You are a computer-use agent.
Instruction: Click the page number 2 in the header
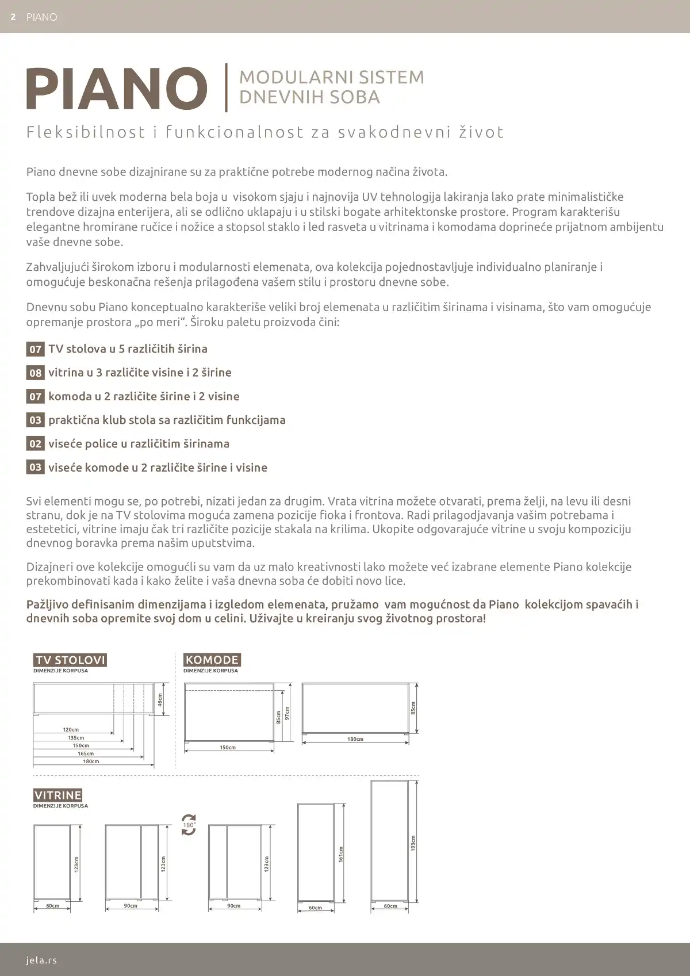click(x=13, y=17)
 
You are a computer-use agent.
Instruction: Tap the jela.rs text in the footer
click(x=41, y=960)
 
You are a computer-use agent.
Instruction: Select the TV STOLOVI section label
click(x=71, y=660)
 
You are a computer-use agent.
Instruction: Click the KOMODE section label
click(x=212, y=660)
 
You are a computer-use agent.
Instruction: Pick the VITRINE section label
click(x=58, y=795)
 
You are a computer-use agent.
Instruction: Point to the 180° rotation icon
click(x=189, y=825)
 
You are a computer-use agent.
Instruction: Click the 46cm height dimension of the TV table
click(x=160, y=699)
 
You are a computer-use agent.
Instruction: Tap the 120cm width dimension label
click(x=71, y=730)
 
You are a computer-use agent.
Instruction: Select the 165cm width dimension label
click(x=86, y=753)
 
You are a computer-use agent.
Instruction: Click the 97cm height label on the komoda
click(x=287, y=713)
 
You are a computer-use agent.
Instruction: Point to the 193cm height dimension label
click(x=413, y=843)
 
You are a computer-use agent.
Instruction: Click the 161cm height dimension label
click(x=340, y=854)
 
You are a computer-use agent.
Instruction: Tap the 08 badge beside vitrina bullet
click(x=35, y=373)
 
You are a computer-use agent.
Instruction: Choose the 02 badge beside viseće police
click(x=35, y=444)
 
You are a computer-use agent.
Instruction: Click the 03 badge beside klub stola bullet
click(x=35, y=420)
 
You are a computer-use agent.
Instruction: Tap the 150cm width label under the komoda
click(x=228, y=748)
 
